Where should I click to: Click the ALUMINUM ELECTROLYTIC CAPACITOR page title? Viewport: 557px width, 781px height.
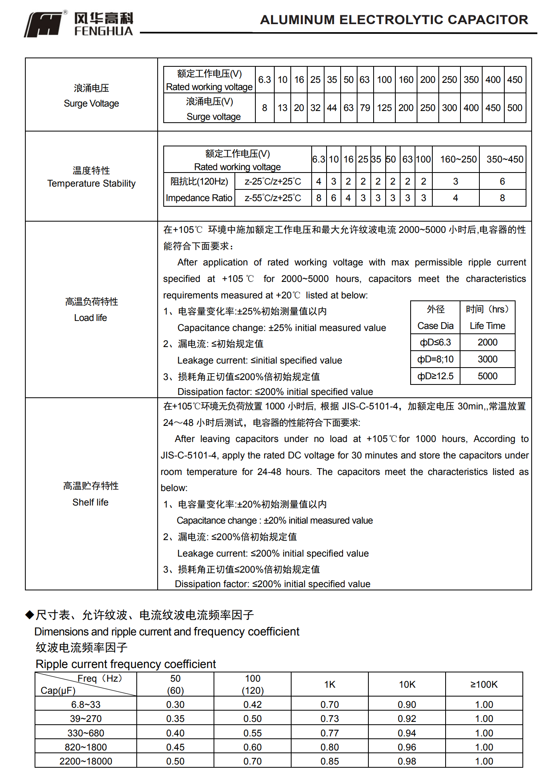pos(394,20)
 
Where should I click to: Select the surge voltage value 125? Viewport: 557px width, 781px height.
pos(384,108)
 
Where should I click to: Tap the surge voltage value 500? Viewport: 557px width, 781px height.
pos(514,108)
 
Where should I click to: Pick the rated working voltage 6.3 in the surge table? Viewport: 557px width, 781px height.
pos(264,80)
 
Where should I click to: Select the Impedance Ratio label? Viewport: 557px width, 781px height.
pos(199,198)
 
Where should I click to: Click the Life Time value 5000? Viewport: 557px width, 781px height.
pos(487,376)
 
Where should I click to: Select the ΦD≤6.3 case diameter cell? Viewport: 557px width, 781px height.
pos(435,342)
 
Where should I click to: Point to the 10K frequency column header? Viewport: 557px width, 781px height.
pos(407,684)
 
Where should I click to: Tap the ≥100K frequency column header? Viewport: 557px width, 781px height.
pos(484,684)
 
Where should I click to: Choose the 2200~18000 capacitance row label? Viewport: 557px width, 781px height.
pos(86,761)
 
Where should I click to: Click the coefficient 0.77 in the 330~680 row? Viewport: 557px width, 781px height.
pos(330,733)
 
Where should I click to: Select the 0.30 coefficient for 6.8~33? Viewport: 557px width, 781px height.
pos(175,705)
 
